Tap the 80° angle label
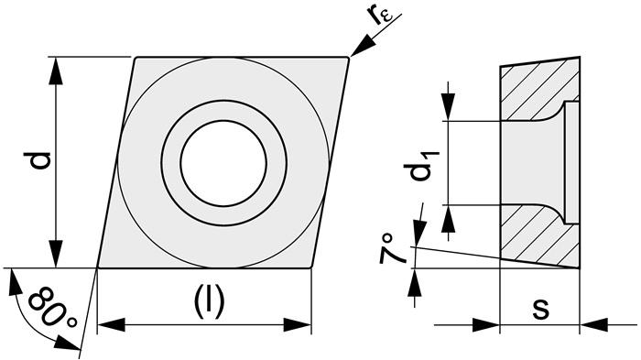[51, 310]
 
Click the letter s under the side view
[540, 309]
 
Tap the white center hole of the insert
[223, 162]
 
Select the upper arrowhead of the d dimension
[58, 70]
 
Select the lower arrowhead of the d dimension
[58, 256]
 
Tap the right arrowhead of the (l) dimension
[300, 324]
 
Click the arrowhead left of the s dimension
[486, 323]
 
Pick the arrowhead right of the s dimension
[594, 323]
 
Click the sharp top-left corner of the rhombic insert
[136, 59]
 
